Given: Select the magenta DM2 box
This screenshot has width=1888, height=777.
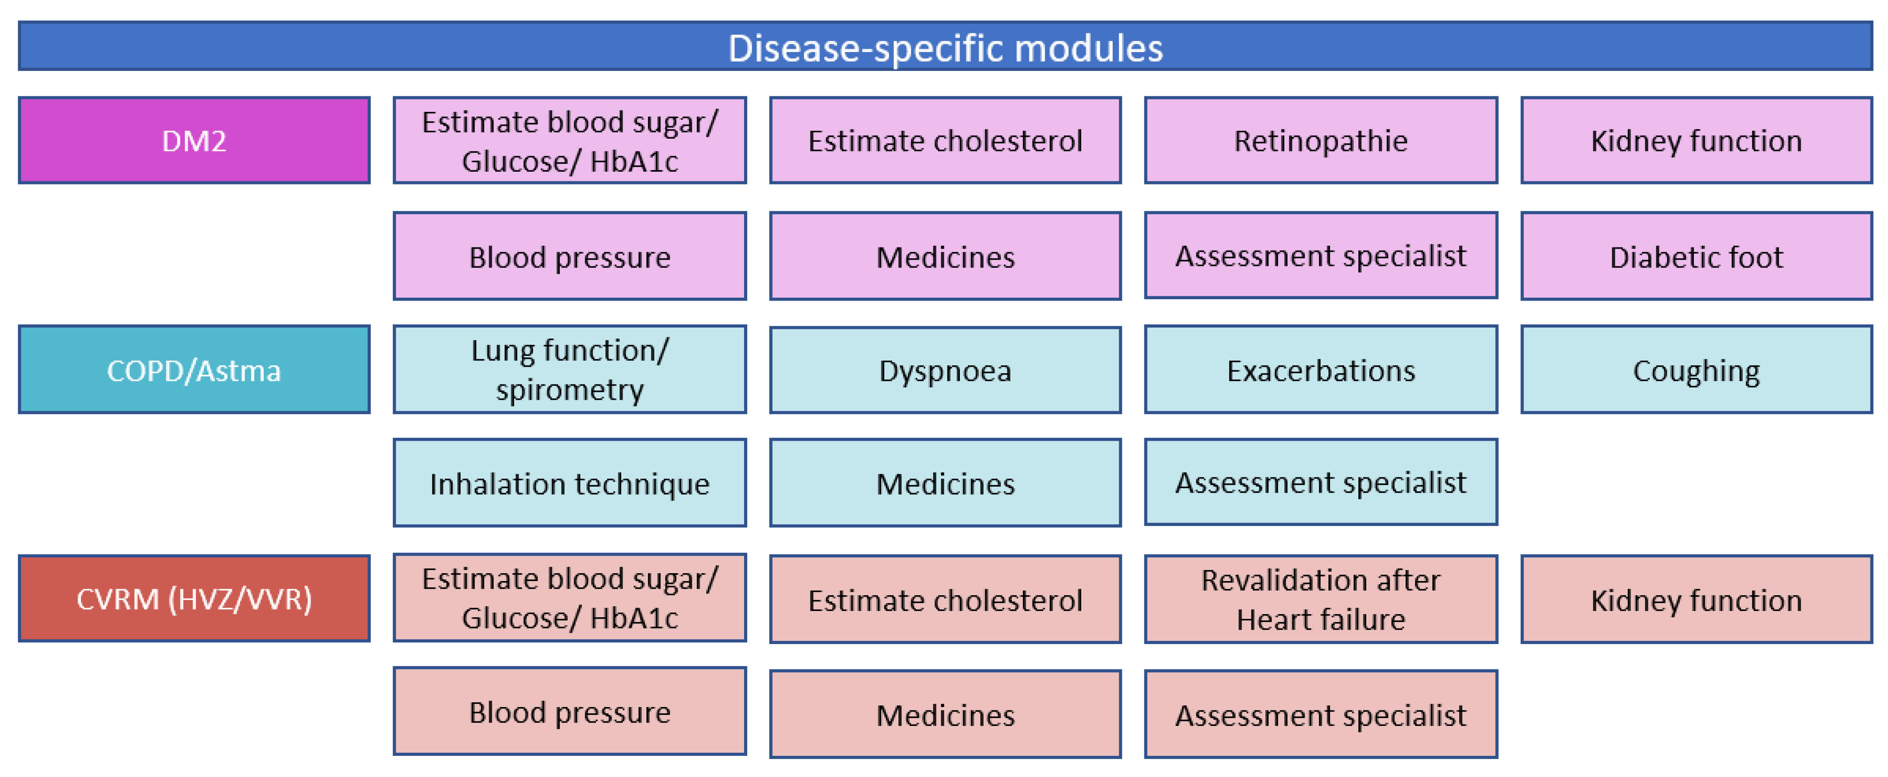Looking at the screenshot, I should point(194,140).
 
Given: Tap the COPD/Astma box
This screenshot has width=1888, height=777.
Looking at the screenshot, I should point(194,370).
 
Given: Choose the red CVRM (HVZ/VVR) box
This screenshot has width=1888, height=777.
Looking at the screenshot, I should point(194,599).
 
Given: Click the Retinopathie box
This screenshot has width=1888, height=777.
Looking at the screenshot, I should point(1321,140).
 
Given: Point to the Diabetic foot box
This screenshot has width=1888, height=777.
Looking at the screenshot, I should point(1696,257).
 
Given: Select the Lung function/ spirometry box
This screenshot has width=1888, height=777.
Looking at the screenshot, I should point(569,370).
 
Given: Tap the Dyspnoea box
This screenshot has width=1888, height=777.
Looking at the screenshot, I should point(945,370).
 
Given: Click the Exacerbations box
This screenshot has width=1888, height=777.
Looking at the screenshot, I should point(1321,370).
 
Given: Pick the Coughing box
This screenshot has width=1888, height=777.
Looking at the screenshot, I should point(1696,370).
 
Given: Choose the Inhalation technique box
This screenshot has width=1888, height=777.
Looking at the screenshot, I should point(569,483).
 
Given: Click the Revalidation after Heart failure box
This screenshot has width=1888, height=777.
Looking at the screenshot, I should point(1321,599).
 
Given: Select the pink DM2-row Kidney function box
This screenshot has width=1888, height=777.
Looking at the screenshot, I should point(1696,140).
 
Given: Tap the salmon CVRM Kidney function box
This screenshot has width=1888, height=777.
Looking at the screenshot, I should point(1696,599).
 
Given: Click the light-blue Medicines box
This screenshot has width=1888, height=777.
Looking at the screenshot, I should point(945,483).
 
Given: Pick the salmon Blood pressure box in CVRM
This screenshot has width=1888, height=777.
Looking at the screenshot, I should point(569,712).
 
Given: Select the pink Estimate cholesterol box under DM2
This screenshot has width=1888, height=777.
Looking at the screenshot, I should point(945,140).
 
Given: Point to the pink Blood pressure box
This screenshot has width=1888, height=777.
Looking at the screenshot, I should point(569,257).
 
